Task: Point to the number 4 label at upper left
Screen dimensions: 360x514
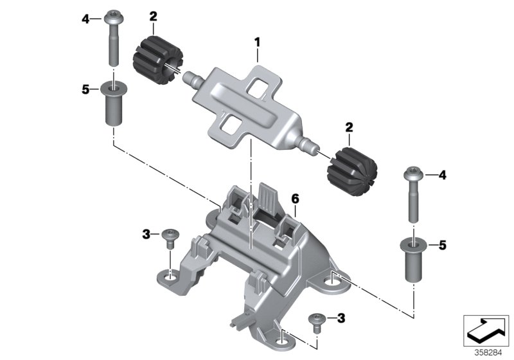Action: coord(86,19)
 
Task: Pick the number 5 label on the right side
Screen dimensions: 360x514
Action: coord(443,245)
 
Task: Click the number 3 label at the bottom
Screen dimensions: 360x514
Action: coord(341,318)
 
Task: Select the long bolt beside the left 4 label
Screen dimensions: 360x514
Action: coord(113,39)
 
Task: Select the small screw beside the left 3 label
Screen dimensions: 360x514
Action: coord(171,237)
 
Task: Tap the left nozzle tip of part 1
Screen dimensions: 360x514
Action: coord(188,81)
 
